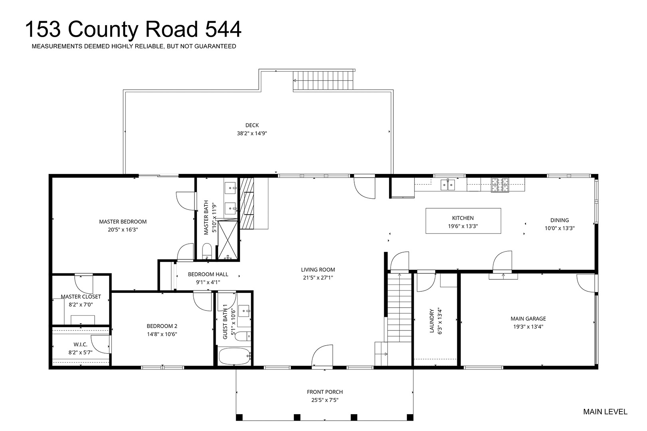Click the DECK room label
252,125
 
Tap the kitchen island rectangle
463,221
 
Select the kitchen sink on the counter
448,185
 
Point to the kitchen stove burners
500,185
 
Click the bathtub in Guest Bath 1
234,356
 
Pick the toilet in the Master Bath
207,251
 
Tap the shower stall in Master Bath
228,240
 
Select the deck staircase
323,81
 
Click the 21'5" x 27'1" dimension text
318,278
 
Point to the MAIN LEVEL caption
605,412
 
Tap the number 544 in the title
223,29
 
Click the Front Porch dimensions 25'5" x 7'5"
325,400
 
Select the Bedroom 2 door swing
202,301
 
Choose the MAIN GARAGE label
528,319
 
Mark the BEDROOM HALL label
208,274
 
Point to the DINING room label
560,220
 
